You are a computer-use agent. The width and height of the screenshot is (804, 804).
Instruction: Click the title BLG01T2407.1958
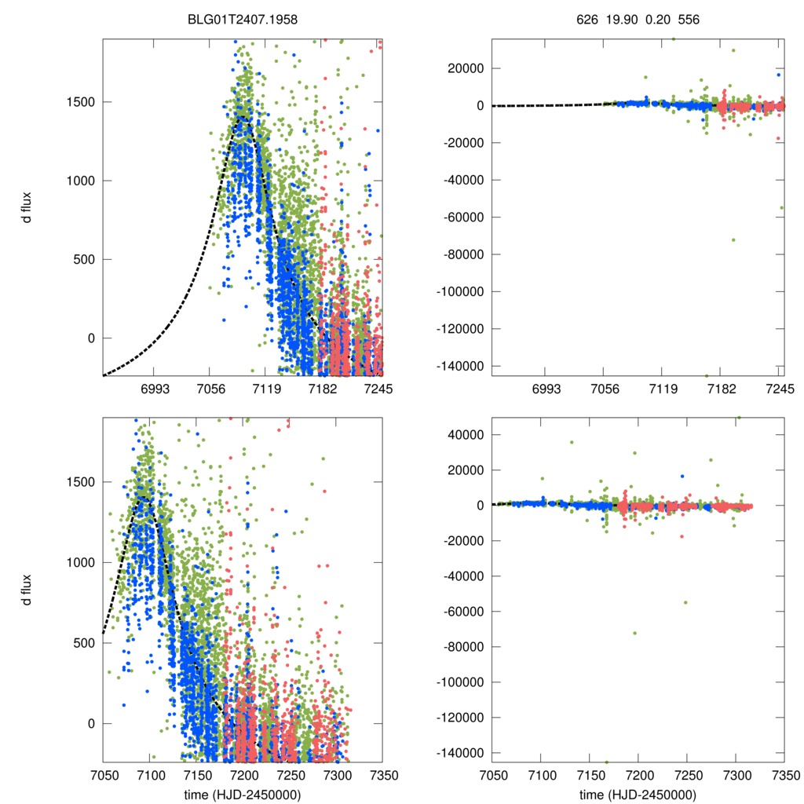[243, 17]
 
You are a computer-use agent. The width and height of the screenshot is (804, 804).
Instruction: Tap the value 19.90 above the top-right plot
[619, 17]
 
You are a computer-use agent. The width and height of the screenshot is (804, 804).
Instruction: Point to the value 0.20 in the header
[656, 17]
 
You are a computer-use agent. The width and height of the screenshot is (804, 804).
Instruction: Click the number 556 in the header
[689, 17]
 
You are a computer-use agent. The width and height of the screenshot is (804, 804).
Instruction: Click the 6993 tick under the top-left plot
[153, 389]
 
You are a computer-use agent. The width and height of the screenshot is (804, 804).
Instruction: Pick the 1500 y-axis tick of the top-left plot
[80, 102]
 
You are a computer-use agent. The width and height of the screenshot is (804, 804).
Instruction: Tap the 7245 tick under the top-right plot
[779, 389]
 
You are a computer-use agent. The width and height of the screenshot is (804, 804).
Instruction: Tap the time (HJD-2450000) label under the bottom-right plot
[638, 794]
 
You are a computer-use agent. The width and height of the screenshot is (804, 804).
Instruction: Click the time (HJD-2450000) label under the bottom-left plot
[243, 794]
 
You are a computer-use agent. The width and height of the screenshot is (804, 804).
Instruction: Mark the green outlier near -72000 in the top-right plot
[733, 239]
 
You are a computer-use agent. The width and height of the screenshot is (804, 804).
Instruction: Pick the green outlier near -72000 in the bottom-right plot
[634, 633]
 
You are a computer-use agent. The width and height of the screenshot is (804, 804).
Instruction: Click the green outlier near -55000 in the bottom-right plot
[685, 602]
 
